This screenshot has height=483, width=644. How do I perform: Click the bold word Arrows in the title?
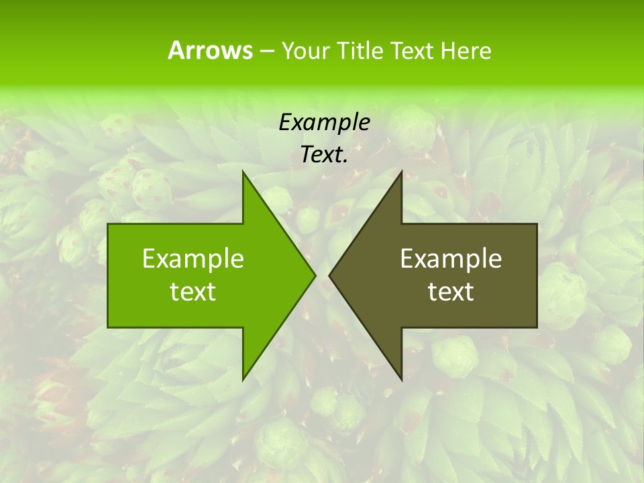209,50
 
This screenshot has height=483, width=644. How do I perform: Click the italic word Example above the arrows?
324,122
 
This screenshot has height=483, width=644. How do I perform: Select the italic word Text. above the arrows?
324,155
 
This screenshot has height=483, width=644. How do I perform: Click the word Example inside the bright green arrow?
193,258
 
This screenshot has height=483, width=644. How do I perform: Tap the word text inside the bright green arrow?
193,292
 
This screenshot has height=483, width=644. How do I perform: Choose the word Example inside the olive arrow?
451,258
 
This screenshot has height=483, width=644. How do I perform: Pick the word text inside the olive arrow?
451,292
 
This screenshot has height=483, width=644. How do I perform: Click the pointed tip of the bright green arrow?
315,275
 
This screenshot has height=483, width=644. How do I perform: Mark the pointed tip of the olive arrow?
329,275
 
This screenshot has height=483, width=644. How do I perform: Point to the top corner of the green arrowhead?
243,172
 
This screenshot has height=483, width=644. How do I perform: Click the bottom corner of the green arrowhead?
243,379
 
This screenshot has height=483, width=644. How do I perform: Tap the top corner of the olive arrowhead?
401,172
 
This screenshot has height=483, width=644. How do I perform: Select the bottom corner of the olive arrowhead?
401,379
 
